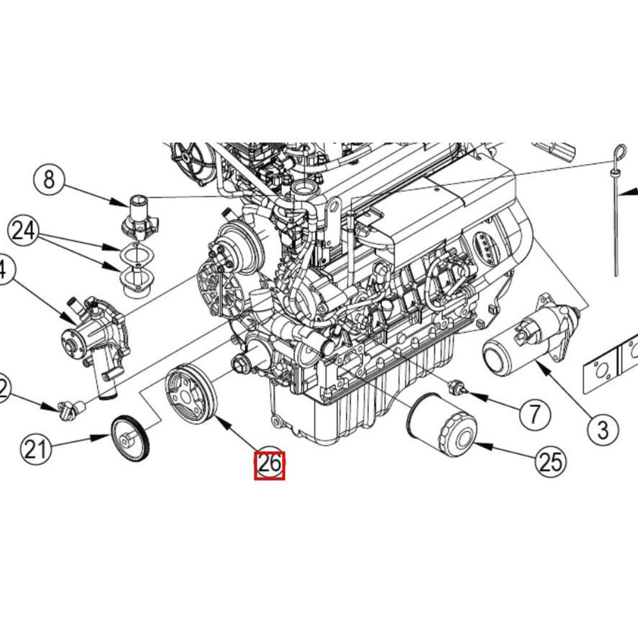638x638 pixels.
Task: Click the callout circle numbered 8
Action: click(49, 181)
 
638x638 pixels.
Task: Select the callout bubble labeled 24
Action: click(24, 231)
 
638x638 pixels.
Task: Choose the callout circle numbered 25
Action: click(550, 463)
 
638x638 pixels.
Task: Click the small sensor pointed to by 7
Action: click(459, 387)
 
